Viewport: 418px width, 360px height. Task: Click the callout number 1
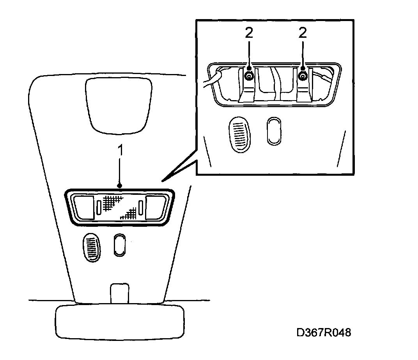120,150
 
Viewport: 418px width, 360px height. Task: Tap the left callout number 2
249,33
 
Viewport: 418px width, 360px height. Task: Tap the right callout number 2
303,33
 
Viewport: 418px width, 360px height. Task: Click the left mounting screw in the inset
249,77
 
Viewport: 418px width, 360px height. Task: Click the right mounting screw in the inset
303,77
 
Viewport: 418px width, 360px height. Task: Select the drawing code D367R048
324,333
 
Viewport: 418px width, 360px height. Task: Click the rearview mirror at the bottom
120,322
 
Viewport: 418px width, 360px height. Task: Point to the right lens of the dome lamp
156,208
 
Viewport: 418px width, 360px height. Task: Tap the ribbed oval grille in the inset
239,134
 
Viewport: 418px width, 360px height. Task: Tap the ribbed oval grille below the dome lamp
91,247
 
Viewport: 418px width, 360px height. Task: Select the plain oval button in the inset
274,131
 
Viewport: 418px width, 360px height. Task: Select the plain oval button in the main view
120,245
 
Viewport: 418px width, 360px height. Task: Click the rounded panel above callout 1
119,106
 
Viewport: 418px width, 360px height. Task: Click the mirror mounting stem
120,293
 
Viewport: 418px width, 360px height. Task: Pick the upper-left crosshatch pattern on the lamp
112,202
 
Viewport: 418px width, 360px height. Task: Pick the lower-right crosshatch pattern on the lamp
129,214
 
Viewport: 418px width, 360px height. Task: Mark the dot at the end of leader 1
120,185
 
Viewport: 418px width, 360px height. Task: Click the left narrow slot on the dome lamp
99,207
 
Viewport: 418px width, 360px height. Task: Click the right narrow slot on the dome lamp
141,207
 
